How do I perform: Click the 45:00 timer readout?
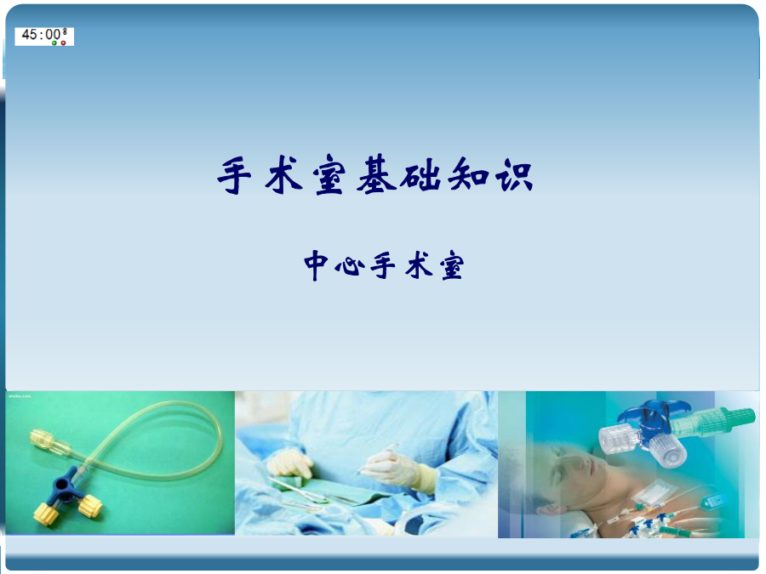click(x=41, y=34)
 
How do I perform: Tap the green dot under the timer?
click(x=54, y=43)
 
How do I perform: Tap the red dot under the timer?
click(x=64, y=43)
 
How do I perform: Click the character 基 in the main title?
click(x=375, y=174)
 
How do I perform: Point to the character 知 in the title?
click(x=467, y=174)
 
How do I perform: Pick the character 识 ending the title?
click(x=513, y=174)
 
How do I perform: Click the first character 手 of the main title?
click(x=235, y=175)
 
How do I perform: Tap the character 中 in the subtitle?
click(x=316, y=266)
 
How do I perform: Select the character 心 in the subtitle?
click(x=349, y=267)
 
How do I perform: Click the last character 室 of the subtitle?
click(x=452, y=266)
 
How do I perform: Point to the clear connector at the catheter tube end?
click(x=48, y=441)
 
